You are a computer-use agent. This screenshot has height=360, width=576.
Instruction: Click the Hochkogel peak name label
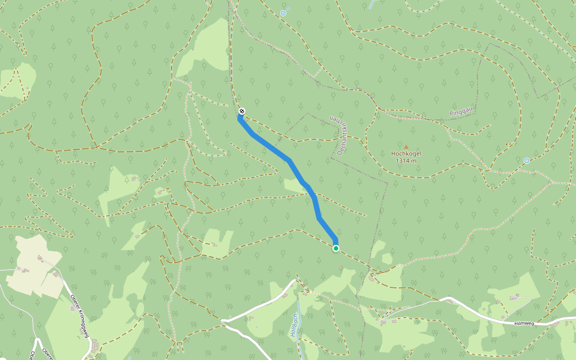(406, 154)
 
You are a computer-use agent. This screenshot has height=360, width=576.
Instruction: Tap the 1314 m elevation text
(406, 161)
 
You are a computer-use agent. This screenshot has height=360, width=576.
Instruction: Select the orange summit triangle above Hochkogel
(406, 146)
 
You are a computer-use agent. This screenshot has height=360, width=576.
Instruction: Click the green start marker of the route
(336, 248)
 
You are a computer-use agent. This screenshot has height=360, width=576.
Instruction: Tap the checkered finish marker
(241, 111)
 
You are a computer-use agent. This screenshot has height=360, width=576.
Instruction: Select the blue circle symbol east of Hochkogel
(526, 161)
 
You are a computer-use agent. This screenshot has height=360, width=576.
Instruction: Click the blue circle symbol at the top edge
(283, 13)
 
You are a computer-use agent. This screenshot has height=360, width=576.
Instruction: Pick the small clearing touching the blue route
(295, 187)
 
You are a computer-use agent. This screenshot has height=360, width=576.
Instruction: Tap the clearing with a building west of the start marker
(216, 243)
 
